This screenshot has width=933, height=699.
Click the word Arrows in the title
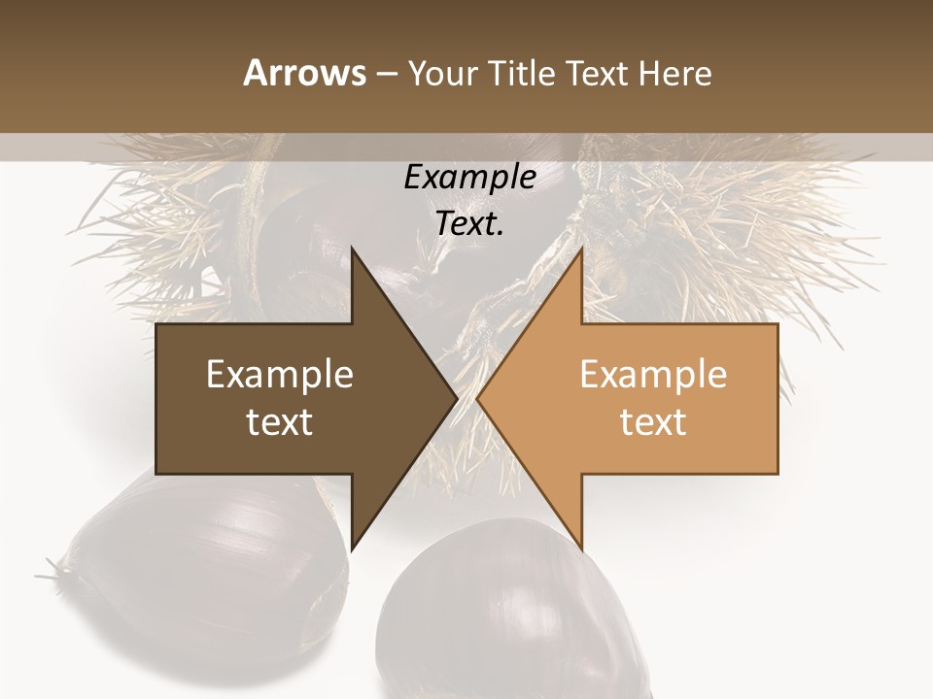click(304, 73)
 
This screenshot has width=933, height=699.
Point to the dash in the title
click(386, 74)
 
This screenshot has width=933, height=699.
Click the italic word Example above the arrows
click(469, 178)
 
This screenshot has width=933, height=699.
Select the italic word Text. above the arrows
click(469, 223)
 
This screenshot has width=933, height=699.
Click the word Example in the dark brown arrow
click(280, 374)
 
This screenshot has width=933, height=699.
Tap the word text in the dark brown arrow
click(280, 422)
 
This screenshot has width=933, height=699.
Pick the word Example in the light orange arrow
click(653, 374)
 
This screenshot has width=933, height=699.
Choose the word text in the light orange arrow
click(653, 422)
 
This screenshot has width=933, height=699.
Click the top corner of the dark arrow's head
click(352, 249)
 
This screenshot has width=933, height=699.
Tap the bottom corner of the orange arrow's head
click(581, 549)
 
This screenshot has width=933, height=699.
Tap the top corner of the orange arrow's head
click(581, 249)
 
